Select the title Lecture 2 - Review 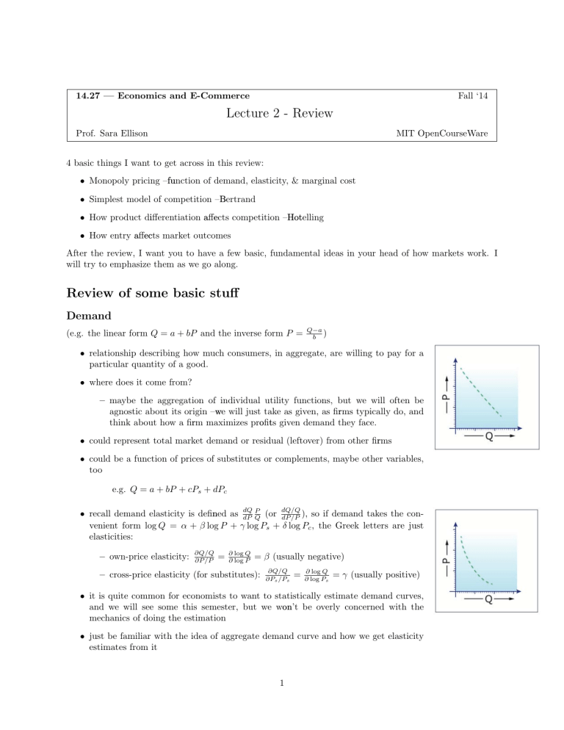[281, 113]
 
